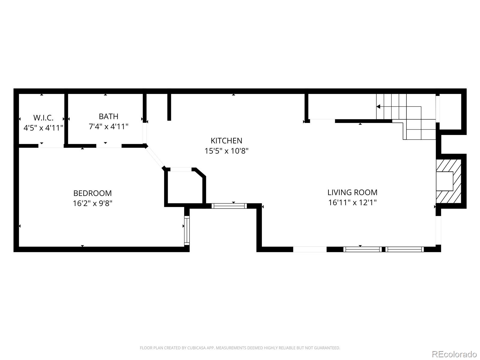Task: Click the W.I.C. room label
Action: pos(43,118)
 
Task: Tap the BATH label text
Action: pos(108,116)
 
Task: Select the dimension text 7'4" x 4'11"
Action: pos(108,127)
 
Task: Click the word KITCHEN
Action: pos(226,141)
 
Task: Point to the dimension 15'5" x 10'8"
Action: pos(226,151)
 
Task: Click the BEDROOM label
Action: pos(92,193)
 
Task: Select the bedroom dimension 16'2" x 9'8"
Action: pos(92,203)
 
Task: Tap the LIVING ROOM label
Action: pos(352,192)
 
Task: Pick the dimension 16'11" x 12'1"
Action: pos(352,202)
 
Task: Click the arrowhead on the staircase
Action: pos(378,106)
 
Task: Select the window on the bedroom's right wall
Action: pos(187,230)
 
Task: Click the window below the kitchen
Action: pos(229,206)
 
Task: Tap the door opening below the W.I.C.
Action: pos(51,146)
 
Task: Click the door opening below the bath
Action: pos(109,146)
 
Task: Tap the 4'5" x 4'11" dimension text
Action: pos(43,128)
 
